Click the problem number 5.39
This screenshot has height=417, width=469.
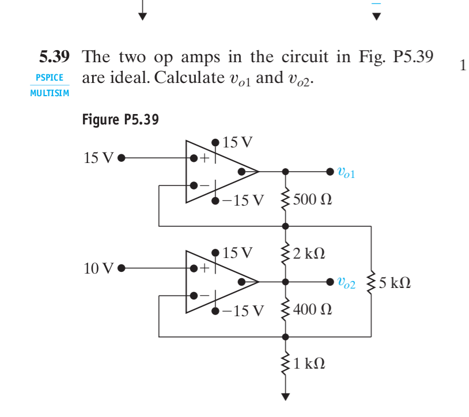pyautogui.click(x=54, y=57)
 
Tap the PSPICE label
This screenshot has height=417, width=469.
pyautogui.click(x=49, y=77)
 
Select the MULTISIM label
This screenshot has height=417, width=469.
pyautogui.click(x=49, y=93)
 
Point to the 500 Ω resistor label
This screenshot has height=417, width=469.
pyautogui.click(x=312, y=200)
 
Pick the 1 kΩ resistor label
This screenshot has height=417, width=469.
pyautogui.click(x=309, y=364)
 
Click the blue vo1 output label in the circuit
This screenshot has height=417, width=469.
pyautogui.click(x=346, y=172)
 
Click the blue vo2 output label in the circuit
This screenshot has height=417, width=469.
pyautogui.click(x=346, y=283)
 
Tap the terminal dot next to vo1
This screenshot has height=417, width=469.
pyautogui.click(x=330, y=171)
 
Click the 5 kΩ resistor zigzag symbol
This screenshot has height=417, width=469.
pyautogui.click(x=371, y=282)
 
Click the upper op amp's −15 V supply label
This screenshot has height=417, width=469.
pyautogui.click(x=242, y=200)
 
